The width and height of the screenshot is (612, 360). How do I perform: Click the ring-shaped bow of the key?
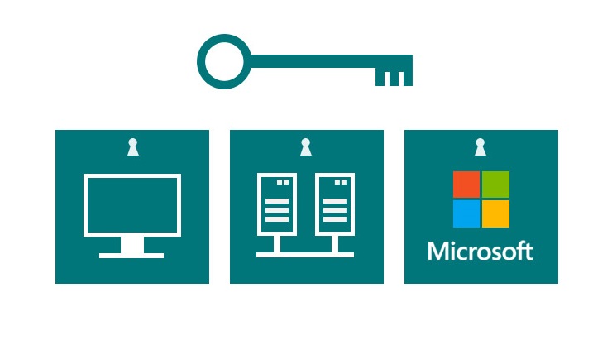pyautogui.click(x=224, y=62)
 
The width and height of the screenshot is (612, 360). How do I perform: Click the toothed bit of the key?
pyautogui.click(x=394, y=77)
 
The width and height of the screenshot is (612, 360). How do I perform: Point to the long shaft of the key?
pyautogui.click(x=332, y=61)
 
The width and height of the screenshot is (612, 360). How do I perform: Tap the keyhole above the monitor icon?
pyautogui.click(x=133, y=146)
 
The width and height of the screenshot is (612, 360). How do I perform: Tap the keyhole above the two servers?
pyautogui.click(x=306, y=146)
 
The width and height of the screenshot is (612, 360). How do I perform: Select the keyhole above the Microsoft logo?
pyautogui.click(x=480, y=146)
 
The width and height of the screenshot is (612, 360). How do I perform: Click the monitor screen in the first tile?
pyautogui.click(x=132, y=205)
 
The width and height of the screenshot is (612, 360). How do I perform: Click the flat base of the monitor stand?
pyautogui.click(x=131, y=256)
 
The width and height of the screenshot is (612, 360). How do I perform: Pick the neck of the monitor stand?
pyautogui.click(x=132, y=245)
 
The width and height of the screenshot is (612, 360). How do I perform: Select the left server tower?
pyautogui.click(x=277, y=204)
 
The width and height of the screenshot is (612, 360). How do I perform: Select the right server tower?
pyautogui.click(x=335, y=204)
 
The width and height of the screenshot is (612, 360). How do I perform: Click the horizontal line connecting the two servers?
pyautogui.click(x=305, y=255)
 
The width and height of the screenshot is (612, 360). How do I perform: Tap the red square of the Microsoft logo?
pyautogui.click(x=466, y=185)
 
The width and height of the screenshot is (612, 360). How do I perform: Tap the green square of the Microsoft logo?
pyautogui.click(x=495, y=185)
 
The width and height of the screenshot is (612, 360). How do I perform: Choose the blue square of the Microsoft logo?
pyautogui.click(x=466, y=214)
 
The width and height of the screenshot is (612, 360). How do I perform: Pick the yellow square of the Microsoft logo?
pyautogui.click(x=495, y=214)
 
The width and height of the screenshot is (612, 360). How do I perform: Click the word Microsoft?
pyautogui.click(x=481, y=251)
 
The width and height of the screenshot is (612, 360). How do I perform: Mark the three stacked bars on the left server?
pyautogui.click(x=277, y=210)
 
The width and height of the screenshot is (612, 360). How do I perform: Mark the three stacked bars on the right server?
pyautogui.click(x=335, y=210)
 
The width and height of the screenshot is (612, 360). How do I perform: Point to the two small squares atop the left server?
pyautogui.click(x=283, y=182)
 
